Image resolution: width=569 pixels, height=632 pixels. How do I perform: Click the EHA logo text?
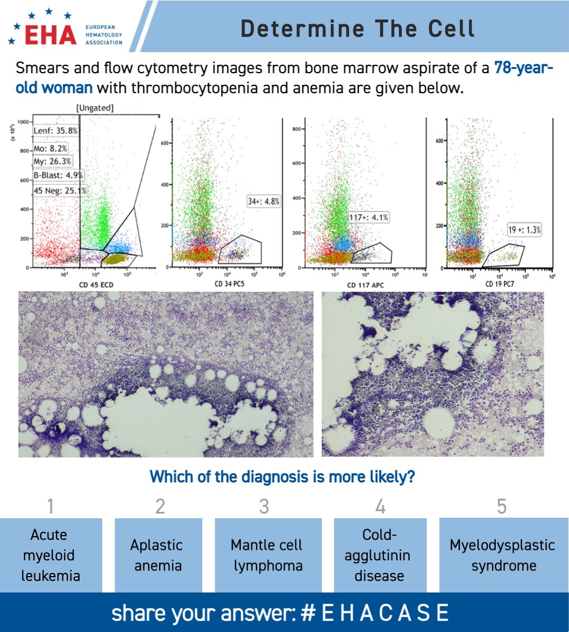pyautogui.click(x=51, y=35)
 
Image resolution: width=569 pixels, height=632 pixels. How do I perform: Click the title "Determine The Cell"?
pyautogui.click(x=357, y=28)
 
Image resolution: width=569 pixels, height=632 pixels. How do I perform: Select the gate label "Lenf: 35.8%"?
pyautogui.click(x=55, y=131)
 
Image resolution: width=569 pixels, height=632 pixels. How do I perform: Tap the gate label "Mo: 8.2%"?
pyautogui.click(x=50, y=149)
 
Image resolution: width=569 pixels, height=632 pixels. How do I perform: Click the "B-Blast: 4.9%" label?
pyautogui.click(x=58, y=175)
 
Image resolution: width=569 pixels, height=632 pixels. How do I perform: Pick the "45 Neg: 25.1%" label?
pyautogui.click(x=60, y=191)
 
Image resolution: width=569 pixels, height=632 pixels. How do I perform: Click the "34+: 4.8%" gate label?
pyautogui.click(x=263, y=201)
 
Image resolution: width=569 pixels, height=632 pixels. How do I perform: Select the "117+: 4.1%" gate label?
pyautogui.click(x=369, y=217)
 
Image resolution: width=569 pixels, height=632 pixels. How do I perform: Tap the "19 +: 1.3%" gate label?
pyautogui.click(x=524, y=230)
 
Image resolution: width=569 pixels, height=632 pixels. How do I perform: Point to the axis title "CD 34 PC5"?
pyautogui.click(x=229, y=284)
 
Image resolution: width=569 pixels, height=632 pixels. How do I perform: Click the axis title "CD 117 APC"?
pyautogui.click(x=366, y=285)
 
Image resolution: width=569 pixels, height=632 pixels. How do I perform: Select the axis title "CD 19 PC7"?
pyautogui.click(x=499, y=284)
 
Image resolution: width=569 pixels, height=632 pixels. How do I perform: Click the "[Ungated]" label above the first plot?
pyautogui.click(x=95, y=108)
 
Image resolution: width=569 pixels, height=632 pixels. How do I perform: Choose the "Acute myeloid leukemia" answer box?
pyautogui.click(x=51, y=555)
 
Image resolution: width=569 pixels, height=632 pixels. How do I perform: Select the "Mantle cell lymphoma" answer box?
pyautogui.click(x=268, y=555)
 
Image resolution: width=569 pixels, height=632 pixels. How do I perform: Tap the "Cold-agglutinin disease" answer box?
pyautogui.click(x=380, y=555)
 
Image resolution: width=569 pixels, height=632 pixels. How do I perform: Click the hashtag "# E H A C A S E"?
pyautogui.click(x=375, y=613)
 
